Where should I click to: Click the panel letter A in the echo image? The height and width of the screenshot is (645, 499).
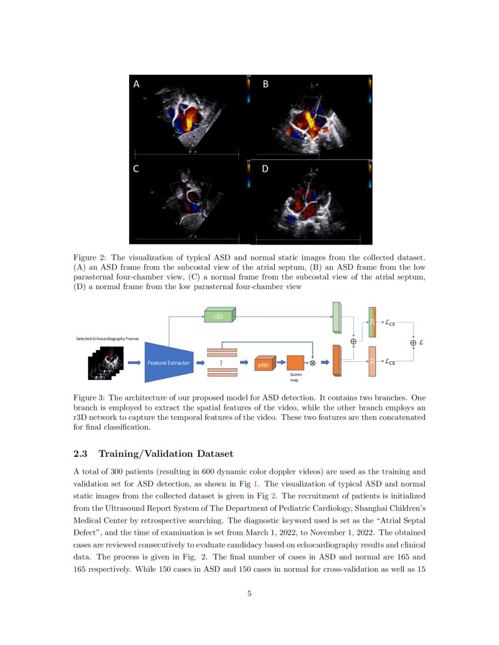[x=137, y=84]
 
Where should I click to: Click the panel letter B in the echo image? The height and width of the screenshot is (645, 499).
[x=265, y=84]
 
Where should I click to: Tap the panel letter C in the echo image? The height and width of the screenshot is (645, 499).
[x=136, y=169]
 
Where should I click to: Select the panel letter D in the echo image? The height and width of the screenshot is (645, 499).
[x=265, y=169]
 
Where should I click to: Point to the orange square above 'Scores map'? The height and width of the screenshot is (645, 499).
[x=295, y=362]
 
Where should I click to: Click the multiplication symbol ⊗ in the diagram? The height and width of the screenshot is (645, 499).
[x=313, y=363]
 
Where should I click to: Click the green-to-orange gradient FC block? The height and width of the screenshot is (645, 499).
[x=372, y=322]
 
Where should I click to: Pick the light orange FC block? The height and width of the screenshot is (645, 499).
[x=372, y=362]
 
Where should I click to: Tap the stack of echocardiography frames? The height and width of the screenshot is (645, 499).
[x=106, y=362]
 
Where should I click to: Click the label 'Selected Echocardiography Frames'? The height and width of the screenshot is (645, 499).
[x=103, y=339]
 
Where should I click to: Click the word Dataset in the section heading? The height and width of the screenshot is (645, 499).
[x=213, y=453]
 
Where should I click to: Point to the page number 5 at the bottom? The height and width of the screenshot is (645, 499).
[x=249, y=594]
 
